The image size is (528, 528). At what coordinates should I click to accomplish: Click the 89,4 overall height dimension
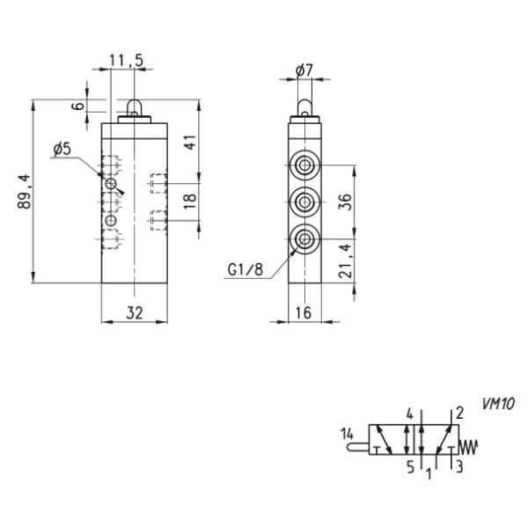pos(24,191)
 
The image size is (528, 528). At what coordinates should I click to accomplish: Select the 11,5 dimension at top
pos(126,60)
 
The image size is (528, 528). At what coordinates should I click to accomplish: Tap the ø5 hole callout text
pos(62,150)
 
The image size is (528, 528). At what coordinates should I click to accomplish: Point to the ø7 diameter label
pos(304,70)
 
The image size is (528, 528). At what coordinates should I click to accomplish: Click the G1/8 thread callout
pos(246,270)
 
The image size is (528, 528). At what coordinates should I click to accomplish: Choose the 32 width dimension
pos(135,312)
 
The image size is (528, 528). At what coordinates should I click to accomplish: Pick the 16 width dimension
pos(304,312)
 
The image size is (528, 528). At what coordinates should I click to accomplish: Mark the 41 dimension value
pos(191,142)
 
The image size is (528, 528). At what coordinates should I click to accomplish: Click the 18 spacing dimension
pos(191,201)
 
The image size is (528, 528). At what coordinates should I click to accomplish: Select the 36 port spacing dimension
pos(346,202)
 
